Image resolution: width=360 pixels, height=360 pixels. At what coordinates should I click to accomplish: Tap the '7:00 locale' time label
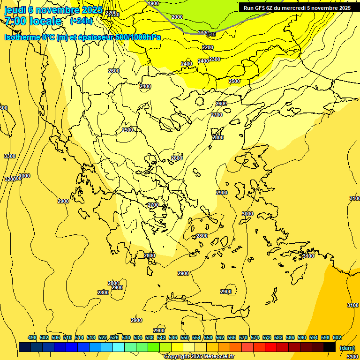(x=33, y=21)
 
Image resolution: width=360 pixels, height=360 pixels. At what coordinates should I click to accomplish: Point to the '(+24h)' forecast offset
(x=81, y=21)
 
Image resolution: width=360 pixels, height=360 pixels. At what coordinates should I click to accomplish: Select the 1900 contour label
(x=153, y=3)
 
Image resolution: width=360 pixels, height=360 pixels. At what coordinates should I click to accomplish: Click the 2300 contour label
(x=215, y=59)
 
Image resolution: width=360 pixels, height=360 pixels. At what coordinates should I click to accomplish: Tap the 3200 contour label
(x=10, y=179)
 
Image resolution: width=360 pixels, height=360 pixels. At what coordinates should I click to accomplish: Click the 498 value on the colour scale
(x=32, y=337)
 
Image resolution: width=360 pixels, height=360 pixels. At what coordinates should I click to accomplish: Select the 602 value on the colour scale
(x=337, y=337)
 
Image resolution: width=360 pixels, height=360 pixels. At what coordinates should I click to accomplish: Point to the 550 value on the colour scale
(x=185, y=337)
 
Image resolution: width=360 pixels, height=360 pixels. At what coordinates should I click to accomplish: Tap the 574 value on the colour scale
(x=255, y=337)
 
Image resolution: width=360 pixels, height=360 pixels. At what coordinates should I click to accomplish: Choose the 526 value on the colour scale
(x=114, y=337)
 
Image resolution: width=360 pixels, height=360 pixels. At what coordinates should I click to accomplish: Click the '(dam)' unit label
(x=347, y=347)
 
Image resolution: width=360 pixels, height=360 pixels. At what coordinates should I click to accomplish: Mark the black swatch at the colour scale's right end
(x=330, y=347)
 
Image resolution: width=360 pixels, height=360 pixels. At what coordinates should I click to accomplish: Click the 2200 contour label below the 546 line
(x=208, y=47)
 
